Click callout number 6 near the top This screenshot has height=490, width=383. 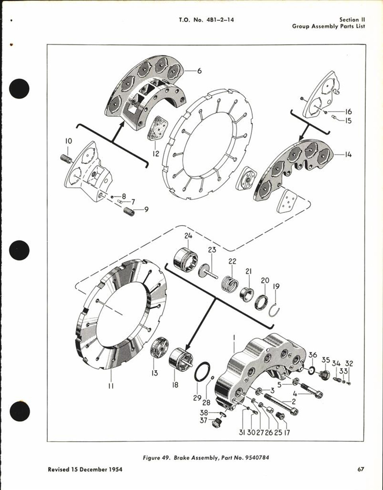click(x=199, y=71)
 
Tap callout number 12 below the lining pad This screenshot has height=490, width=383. click(x=155, y=153)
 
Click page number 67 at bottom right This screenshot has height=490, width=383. click(x=361, y=469)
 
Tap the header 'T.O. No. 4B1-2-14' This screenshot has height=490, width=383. click(x=207, y=20)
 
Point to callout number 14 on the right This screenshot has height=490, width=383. click(x=348, y=155)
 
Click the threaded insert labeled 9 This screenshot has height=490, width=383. click(x=128, y=211)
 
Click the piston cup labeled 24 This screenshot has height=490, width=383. click(x=185, y=259)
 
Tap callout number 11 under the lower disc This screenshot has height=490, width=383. click(x=111, y=386)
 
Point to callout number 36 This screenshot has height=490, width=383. click(x=313, y=355)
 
